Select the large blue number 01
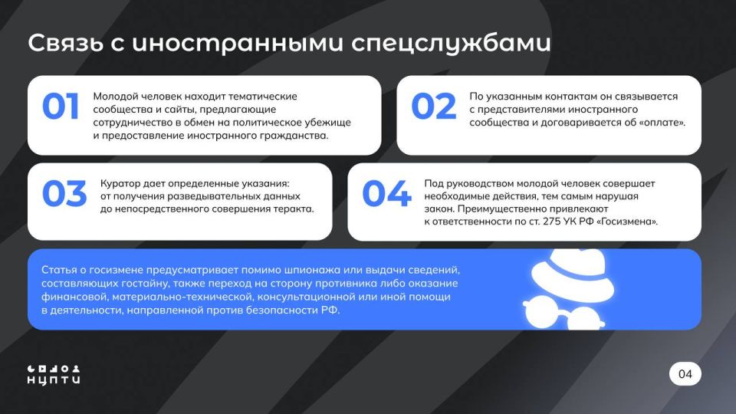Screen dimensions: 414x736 tap(61, 107)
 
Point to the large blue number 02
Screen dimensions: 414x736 tap(433, 107)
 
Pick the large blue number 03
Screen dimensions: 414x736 tap(64, 195)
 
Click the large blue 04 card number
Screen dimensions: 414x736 tap(386, 195)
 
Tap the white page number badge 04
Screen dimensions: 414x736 tap(685, 374)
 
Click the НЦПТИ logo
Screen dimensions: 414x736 tap(54, 373)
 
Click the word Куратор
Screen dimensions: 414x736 tap(121, 184)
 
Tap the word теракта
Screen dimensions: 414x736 tap(291, 209)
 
